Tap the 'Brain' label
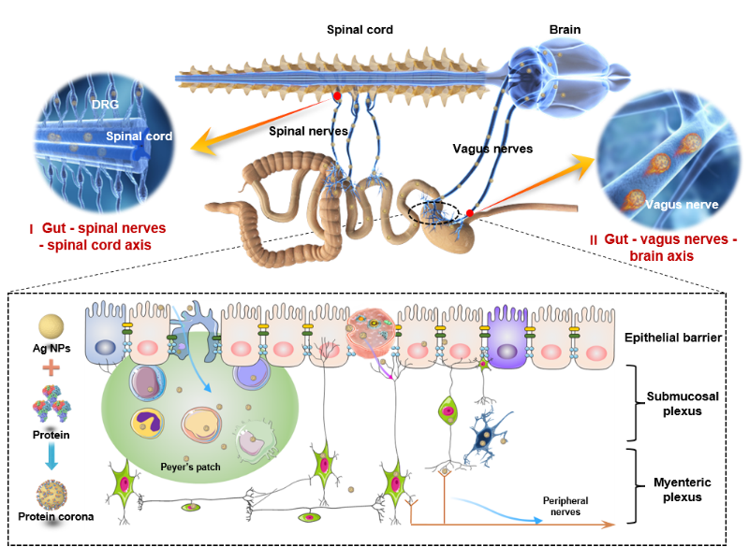point(565,30)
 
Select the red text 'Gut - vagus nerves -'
point(664,240)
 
